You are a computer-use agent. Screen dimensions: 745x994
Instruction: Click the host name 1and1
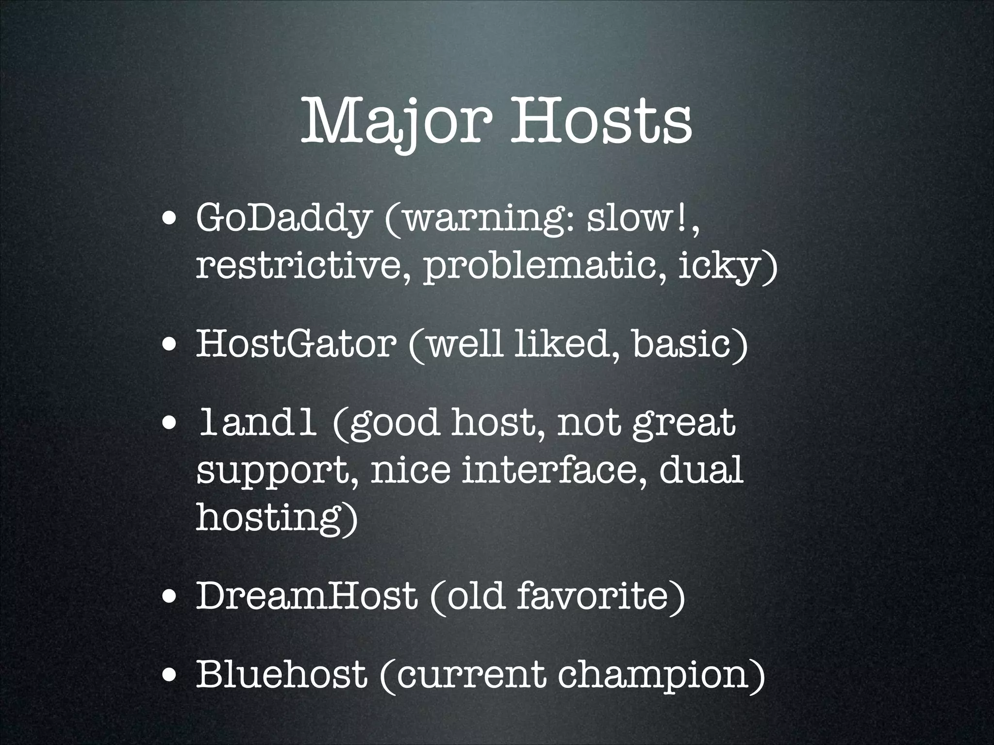[x=258, y=422]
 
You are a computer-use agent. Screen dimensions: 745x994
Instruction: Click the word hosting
[x=272, y=517]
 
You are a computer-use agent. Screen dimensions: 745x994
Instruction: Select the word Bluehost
[x=281, y=674]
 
